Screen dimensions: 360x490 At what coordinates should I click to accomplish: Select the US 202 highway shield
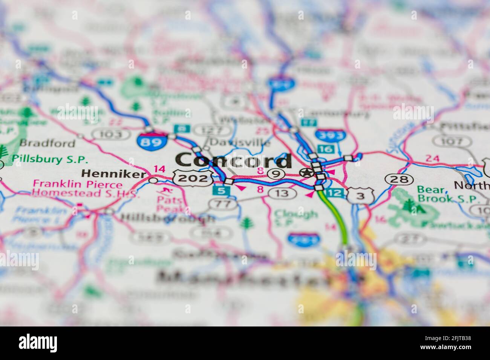click(192, 178)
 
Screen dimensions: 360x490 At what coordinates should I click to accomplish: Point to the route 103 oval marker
click(109, 134)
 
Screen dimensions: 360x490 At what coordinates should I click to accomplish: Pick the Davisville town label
click(240, 143)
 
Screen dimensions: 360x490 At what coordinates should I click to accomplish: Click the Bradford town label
click(47, 143)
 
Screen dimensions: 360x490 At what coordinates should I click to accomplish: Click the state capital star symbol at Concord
click(306, 173)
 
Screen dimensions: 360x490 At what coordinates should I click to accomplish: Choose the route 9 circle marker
click(276, 174)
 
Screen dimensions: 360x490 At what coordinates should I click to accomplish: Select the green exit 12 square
click(336, 193)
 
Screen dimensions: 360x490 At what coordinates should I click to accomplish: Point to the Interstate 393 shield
click(330, 135)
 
